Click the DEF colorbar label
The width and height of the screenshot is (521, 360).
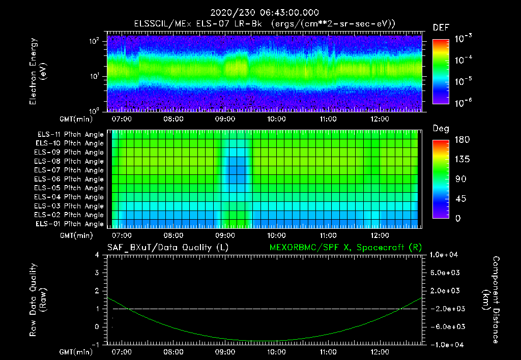coord(441,27)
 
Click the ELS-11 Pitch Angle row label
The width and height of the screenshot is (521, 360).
coord(70,134)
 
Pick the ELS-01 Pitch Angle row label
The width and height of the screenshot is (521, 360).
coord(70,224)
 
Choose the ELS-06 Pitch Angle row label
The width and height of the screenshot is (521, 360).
coord(70,179)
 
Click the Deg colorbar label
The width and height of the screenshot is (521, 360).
coord(441,128)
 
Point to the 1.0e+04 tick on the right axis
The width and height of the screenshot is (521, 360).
coord(446,255)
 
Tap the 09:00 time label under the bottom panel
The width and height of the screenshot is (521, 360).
coord(225,351)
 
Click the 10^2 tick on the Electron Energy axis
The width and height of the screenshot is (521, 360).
coord(95,41)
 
